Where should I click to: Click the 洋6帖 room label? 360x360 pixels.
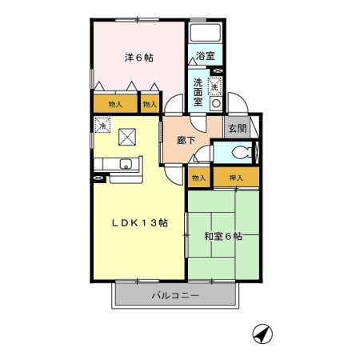point(138,58)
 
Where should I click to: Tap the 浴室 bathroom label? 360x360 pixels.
point(206,56)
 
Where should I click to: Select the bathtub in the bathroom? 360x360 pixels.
point(206,34)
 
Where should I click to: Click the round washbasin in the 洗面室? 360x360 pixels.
point(215,102)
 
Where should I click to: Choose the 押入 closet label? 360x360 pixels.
point(236,177)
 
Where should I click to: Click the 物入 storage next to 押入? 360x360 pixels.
point(199,177)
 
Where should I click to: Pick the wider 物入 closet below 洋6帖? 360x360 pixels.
point(114,104)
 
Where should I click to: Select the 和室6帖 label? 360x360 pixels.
point(222,237)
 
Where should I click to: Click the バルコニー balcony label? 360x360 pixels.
point(175,297)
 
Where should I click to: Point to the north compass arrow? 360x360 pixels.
point(260,331)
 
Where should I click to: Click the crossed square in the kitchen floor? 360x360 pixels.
point(129,136)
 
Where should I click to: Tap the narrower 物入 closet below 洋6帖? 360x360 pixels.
point(150,104)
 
